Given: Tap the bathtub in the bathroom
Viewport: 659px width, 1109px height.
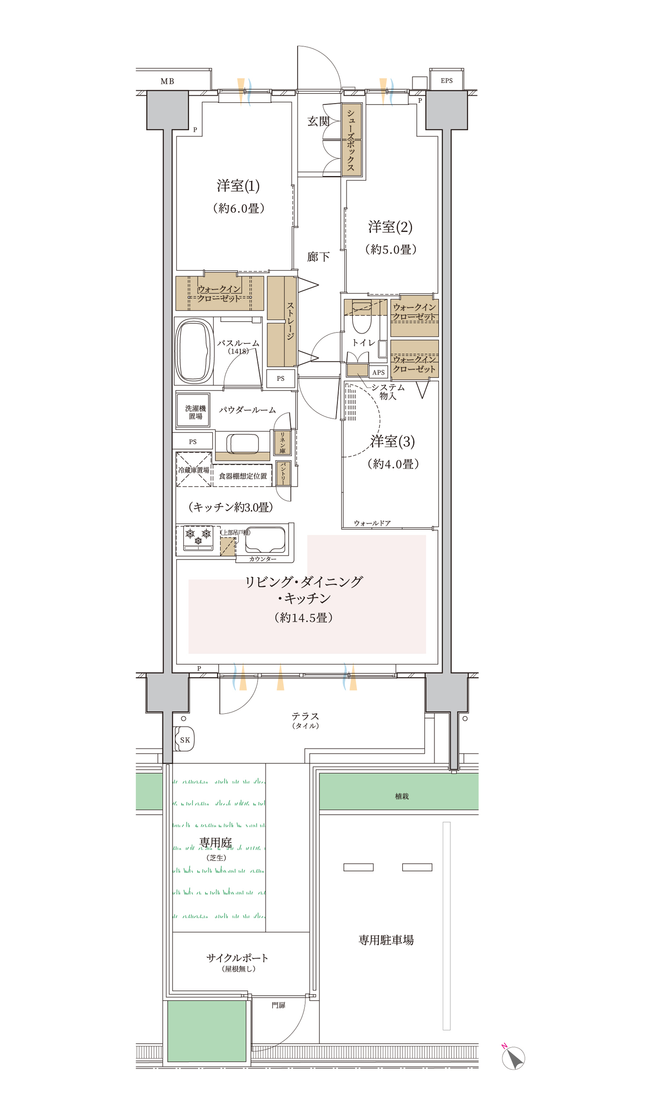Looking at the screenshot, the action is point(194,351).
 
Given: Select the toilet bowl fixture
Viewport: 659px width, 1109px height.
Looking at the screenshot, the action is point(362,317).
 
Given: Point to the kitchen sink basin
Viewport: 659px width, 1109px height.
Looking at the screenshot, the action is point(265,539).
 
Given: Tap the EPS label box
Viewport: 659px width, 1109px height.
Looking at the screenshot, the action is point(446,80).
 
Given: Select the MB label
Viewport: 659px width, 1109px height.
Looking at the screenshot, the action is point(167,81).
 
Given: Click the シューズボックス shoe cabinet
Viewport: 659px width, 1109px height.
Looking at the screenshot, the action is point(351,139).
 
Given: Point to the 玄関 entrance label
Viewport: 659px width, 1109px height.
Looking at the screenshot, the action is point(319,121).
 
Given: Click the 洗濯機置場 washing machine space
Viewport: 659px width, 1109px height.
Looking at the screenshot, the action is point(193,410).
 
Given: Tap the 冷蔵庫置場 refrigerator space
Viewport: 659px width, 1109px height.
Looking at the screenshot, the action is point(194,470).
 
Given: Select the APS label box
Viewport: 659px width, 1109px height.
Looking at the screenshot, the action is point(378,372).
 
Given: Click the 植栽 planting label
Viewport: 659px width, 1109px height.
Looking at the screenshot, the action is point(402,796).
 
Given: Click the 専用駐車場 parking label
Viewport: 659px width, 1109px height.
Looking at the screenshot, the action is point(386,940).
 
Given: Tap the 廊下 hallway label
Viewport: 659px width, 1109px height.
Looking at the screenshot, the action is point(319,256).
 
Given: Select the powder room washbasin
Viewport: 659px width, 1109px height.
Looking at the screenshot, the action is point(243,444).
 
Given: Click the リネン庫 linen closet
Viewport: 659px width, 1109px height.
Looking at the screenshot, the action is point(282,443).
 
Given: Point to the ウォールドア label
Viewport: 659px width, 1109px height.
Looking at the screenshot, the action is point(372,524).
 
